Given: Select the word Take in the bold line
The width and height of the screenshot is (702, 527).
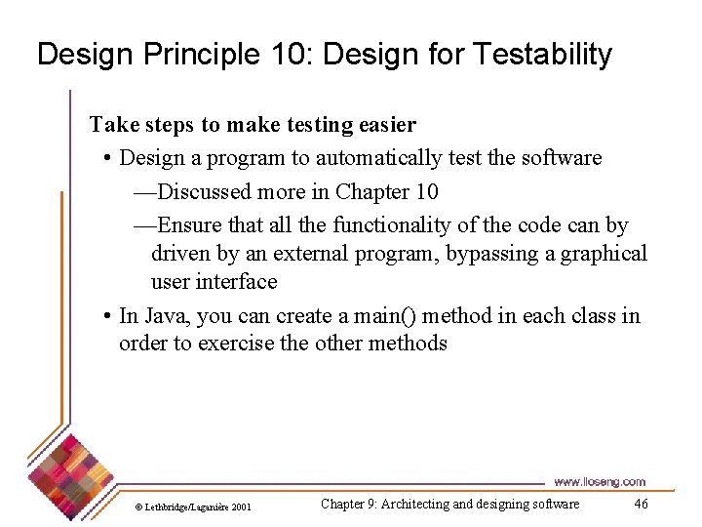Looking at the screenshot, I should pos(112,125).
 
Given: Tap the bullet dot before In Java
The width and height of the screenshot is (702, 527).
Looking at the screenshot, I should pos(106,316).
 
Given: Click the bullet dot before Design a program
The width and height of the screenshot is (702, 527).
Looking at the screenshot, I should pos(106,158).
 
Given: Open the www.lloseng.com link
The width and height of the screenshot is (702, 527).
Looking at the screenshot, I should pos(599,482).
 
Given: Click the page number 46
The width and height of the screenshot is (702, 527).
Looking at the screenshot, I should pos(641,505).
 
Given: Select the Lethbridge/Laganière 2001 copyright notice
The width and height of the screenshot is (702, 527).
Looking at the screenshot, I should pos(193,507).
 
